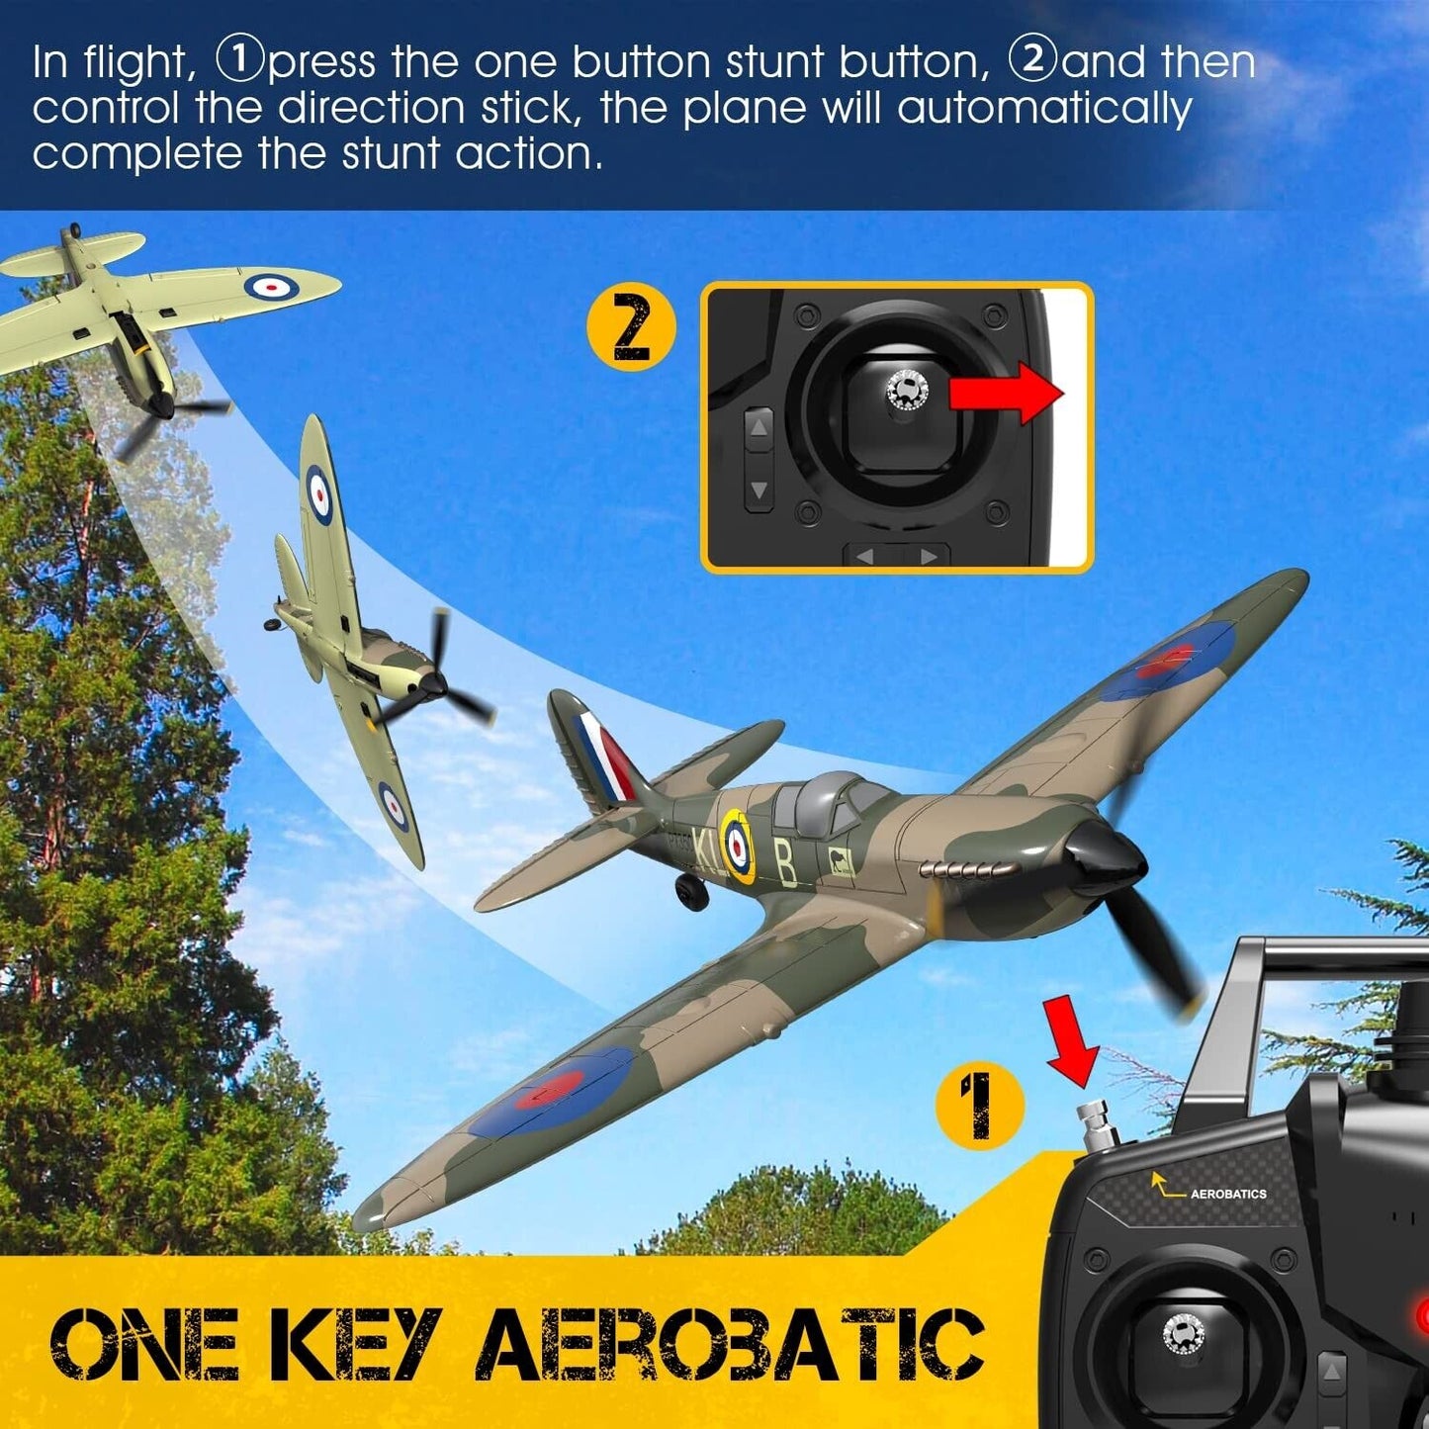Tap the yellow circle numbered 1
pyautogui.click(x=979, y=1105)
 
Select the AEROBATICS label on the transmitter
pyautogui.click(x=1227, y=1194)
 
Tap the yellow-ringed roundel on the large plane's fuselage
pyautogui.click(x=737, y=846)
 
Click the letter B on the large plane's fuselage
pyautogui.click(x=786, y=862)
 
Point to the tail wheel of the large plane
pyautogui.click(x=693, y=890)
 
